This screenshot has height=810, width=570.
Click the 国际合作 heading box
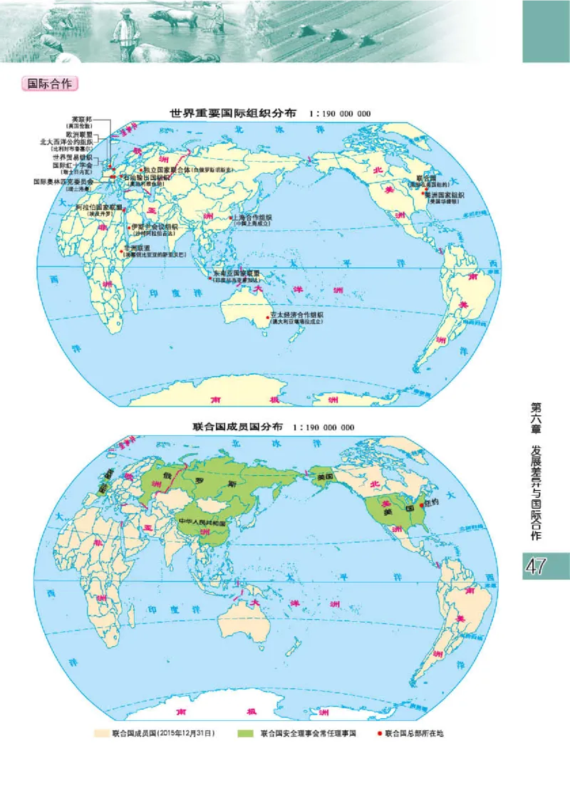(x=50, y=83)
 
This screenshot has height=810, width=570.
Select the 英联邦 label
(x=81, y=119)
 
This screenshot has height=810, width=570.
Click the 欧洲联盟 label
(x=80, y=133)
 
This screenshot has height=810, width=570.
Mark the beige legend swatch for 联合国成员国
(x=102, y=732)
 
